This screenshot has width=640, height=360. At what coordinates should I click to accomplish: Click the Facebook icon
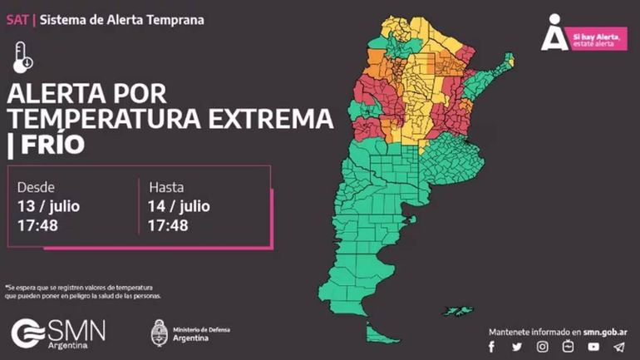pyautogui.click(x=492, y=347)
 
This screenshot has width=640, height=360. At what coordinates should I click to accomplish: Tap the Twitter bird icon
pyautogui.click(x=517, y=347)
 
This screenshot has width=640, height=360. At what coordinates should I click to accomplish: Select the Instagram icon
pyautogui.click(x=543, y=347)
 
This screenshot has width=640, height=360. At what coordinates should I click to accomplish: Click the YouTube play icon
pyautogui.click(x=569, y=347)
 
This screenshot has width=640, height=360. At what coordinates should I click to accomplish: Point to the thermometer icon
pyautogui.click(x=22, y=58)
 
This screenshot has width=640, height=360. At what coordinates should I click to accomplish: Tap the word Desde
pyautogui.click(x=36, y=187)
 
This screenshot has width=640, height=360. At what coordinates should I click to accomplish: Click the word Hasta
pyautogui.click(x=166, y=187)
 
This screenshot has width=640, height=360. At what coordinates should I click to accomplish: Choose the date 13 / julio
pyautogui.click(x=48, y=206)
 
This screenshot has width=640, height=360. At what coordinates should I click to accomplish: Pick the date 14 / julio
pyautogui.click(x=179, y=206)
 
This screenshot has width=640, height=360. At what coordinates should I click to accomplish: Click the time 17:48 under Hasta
pyautogui.click(x=167, y=225)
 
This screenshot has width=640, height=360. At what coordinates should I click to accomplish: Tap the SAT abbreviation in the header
pyautogui.click(x=16, y=18)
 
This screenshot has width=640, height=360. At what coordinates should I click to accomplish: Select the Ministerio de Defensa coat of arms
pyautogui.click(x=160, y=333)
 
